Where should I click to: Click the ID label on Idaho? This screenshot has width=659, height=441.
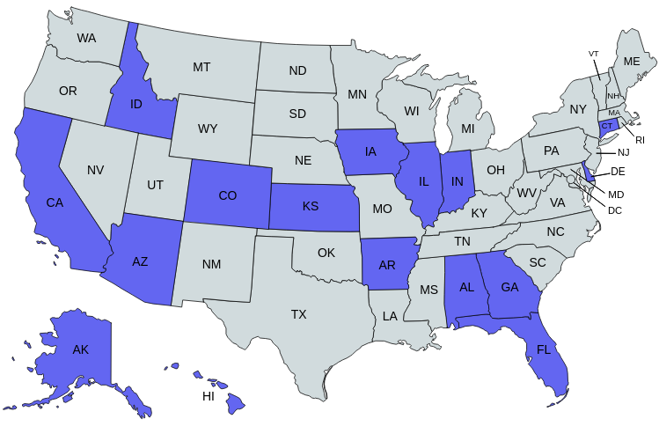click(136, 105)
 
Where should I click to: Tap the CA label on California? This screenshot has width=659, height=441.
click(55, 202)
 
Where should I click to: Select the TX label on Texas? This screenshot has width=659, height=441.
click(298, 313)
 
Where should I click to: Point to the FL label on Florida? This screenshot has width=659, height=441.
click(543, 350)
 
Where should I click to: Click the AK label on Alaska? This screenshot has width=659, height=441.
click(81, 349)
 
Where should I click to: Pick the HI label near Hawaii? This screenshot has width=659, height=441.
click(209, 396)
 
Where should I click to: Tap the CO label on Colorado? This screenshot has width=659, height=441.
click(227, 195)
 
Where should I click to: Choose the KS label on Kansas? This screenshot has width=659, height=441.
click(311, 207)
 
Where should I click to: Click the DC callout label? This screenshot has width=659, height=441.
click(614, 210)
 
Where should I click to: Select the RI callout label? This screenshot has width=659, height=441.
click(641, 140)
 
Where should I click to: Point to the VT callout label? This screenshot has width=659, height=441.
click(594, 54)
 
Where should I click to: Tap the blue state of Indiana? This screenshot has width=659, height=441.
click(457, 180)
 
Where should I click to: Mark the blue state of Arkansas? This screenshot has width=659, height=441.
click(387, 264)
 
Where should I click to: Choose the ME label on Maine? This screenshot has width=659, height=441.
click(632, 62)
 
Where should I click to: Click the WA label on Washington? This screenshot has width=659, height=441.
click(86, 38)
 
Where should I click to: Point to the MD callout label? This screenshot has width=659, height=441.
click(616, 194)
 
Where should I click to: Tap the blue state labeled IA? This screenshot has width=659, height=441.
click(370, 152)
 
